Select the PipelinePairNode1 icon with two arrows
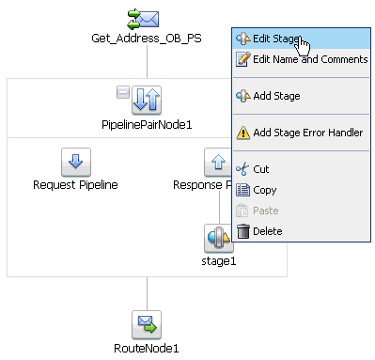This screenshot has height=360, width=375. click(148, 100)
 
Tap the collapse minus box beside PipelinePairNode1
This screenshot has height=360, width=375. click(122, 91)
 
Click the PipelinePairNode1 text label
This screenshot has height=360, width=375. click(147, 124)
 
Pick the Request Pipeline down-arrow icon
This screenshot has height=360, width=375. click(75, 162)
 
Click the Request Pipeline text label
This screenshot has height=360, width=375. click(75, 185)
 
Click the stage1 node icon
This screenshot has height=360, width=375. click(219, 238)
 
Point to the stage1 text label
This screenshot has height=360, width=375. click(219, 260)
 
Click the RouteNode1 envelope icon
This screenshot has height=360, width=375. click(147, 325)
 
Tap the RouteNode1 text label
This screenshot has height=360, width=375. click(147, 349)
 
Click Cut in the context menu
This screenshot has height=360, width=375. click(262, 169)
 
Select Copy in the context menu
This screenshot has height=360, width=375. click(265, 190)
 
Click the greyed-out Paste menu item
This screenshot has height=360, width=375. click(266, 211)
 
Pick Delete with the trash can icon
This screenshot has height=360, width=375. click(267, 231)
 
